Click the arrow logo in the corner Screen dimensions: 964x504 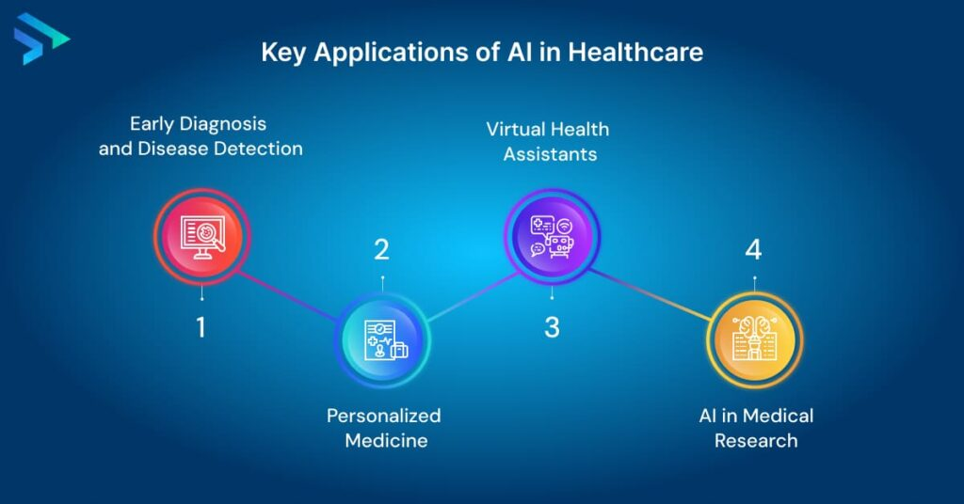coord(40,39)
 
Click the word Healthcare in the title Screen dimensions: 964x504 coord(635,52)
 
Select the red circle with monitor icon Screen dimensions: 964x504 coord(201,236)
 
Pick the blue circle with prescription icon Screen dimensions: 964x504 coord(382,340)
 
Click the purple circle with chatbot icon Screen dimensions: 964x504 coord(552,236)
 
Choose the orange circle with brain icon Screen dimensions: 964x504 coord(754,340)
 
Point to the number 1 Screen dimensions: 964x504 coord(201,327)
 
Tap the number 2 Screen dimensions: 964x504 coord(382,250)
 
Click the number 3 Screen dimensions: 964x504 coord(552,327)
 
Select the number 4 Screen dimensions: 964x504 coord(754,250)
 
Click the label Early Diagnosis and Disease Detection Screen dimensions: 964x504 coord(201,136)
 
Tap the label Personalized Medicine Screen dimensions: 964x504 coord(384,428)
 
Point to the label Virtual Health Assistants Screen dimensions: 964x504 coord(549,141)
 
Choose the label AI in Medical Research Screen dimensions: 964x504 coord(756,428)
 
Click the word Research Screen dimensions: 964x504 coord(756,441)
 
